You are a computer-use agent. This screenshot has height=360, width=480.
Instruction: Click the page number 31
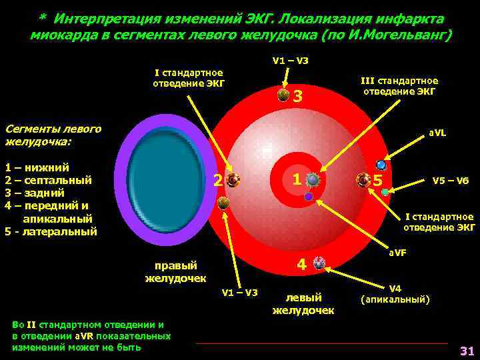(x=466, y=351)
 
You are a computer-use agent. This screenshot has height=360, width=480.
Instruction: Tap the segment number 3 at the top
(x=298, y=97)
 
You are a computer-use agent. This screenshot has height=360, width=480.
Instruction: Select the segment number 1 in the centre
(x=296, y=179)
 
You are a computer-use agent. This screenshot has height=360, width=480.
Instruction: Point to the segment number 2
(x=217, y=180)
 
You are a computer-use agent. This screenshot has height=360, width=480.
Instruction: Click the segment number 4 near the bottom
(x=301, y=265)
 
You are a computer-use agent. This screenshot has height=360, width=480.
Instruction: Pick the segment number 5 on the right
(x=378, y=181)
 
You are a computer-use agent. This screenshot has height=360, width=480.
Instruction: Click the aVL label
(x=437, y=133)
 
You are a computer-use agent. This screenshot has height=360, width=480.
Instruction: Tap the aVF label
(x=398, y=253)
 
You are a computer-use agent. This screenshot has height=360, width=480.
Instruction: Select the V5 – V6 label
(x=451, y=180)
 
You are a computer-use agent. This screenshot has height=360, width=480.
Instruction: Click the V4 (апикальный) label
(x=395, y=294)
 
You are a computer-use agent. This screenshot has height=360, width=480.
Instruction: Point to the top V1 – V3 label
(x=290, y=61)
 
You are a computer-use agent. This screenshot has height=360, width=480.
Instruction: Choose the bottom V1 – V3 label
(x=239, y=292)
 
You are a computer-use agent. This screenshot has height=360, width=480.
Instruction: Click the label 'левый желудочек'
(x=303, y=303)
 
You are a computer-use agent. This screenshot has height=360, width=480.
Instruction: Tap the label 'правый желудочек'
(x=175, y=271)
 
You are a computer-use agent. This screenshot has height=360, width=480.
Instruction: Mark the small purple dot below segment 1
(x=309, y=197)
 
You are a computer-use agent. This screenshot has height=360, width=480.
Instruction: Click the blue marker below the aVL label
(x=381, y=164)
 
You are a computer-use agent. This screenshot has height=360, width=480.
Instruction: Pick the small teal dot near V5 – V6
(x=385, y=192)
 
